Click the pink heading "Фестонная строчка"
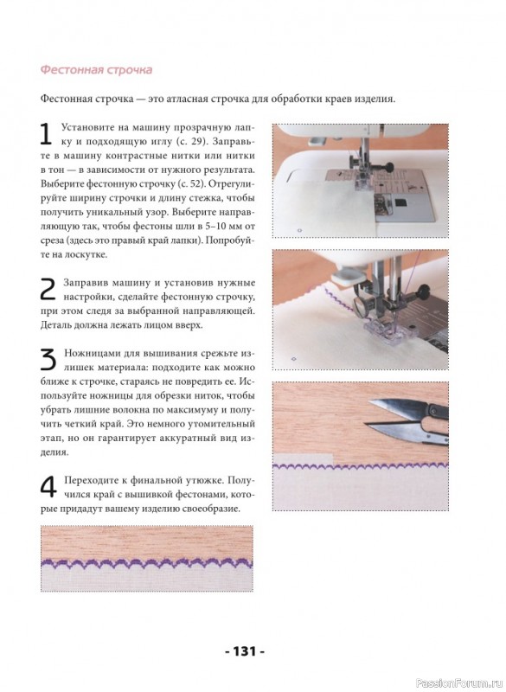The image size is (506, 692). [96, 70]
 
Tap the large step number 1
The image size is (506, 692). [46, 134]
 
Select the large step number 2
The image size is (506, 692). [48, 290]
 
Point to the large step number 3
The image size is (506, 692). [48, 360]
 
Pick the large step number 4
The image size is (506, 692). [48, 487]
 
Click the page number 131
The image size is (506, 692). [245, 651]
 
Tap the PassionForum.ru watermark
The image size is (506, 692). [459, 683]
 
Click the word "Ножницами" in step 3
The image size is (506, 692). [86, 354]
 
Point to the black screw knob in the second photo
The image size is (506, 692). [423, 292]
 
